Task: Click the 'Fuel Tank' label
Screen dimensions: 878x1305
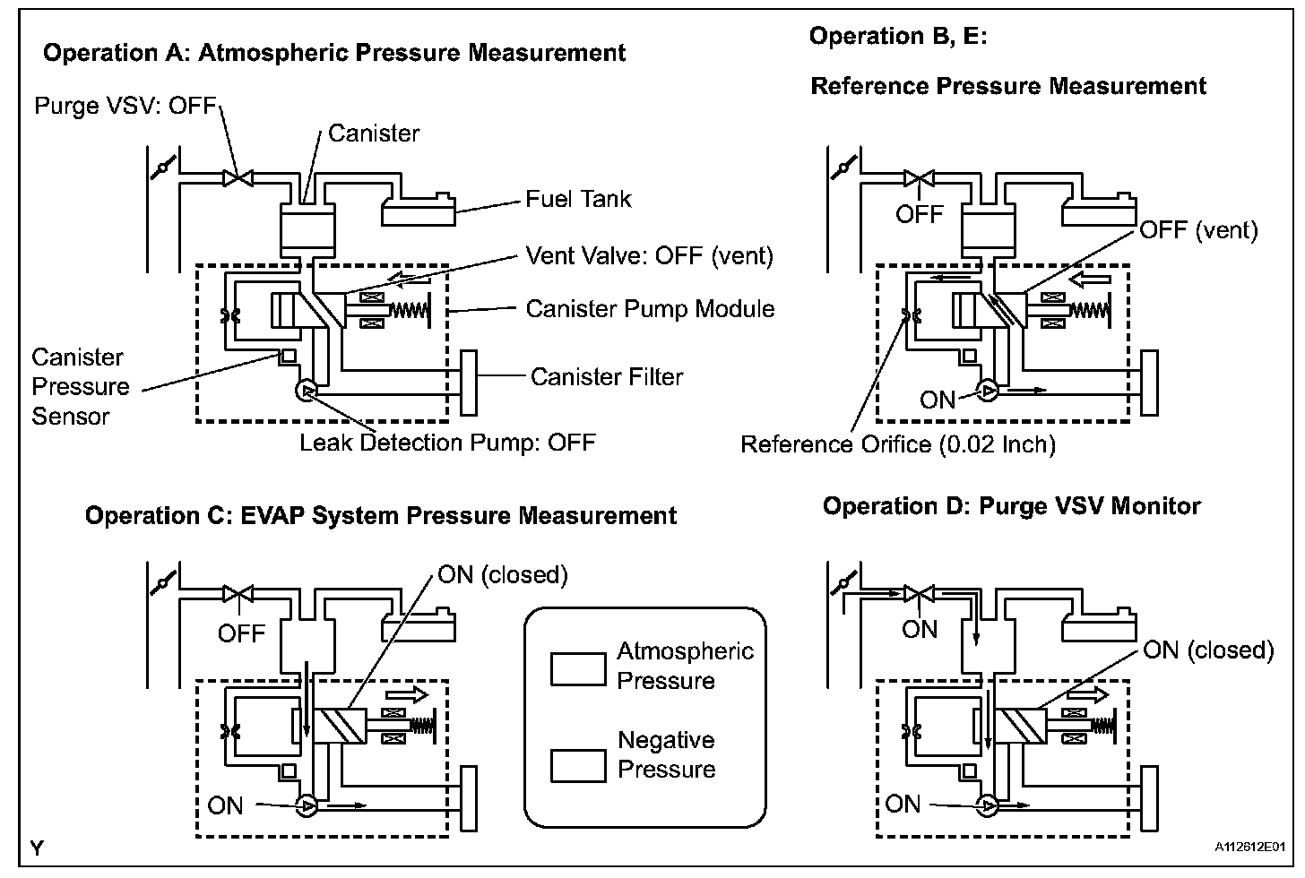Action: (x=578, y=198)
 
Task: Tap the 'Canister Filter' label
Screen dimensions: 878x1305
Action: (x=606, y=376)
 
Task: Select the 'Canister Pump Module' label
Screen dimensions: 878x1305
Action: (x=650, y=309)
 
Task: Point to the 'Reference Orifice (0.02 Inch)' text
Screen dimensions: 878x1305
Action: (x=897, y=444)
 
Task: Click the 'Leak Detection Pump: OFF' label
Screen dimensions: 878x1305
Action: (x=447, y=443)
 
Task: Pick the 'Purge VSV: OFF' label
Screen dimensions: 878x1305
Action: (x=125, y=106)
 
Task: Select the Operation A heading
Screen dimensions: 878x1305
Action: (x=334, y=52)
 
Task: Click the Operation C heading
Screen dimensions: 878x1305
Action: (x=381, y=516)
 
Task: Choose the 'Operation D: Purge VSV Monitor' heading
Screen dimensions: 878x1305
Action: (x=1011, y=506)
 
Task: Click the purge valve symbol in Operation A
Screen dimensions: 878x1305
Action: (x=238, y=179)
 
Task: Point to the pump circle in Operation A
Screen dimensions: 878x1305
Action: (x=306, y=391)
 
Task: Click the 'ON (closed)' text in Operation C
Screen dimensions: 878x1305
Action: (x=503, y=574)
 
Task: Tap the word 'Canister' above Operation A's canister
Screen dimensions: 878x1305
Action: (x=374, y=133)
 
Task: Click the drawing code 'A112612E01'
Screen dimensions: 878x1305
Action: (x=1250, y=846)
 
